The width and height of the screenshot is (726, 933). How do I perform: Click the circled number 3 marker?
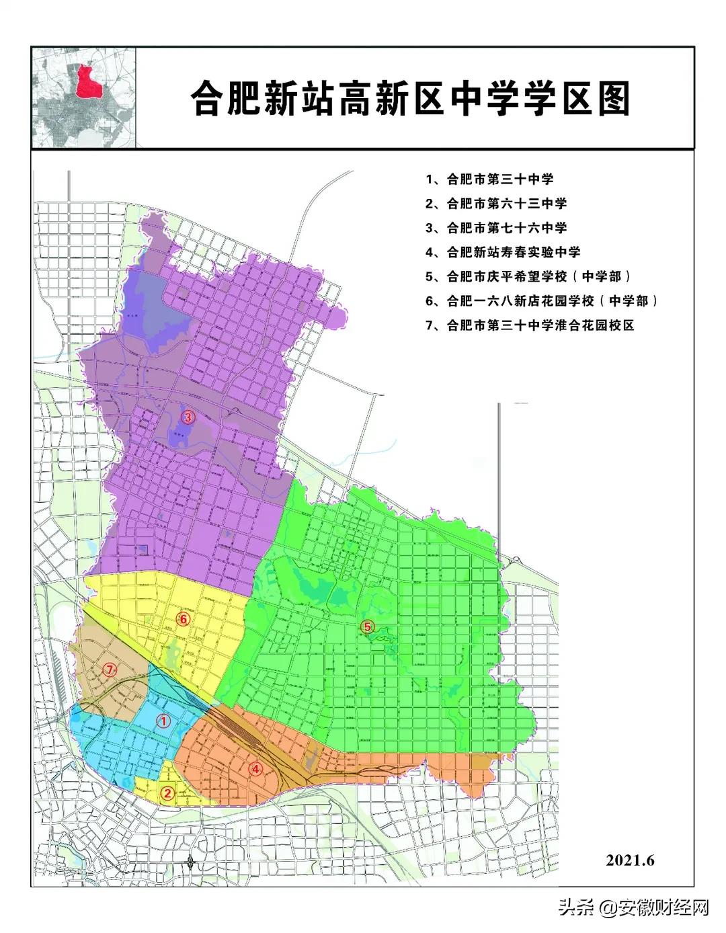point(188,417)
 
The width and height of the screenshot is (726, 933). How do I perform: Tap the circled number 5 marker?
point(366,626)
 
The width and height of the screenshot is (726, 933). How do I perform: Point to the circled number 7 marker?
point(110,669)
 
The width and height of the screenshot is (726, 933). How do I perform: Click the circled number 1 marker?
point(162,721)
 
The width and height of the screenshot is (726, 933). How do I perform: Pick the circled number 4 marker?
point(255,770)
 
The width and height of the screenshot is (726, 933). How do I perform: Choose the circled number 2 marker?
point(168,793)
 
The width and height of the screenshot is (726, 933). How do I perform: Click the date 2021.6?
point(630,860)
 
